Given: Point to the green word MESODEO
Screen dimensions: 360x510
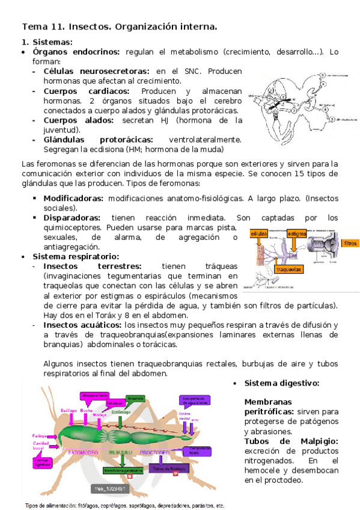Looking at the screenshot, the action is tap(121, 452).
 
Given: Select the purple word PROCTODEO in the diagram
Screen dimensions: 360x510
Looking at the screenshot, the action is tap(155, 452).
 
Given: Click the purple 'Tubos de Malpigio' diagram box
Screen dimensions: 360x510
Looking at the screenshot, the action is tap(166, 469).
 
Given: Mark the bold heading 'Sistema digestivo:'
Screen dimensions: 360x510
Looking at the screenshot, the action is tap(281, 383).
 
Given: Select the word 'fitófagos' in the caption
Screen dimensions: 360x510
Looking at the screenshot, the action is tap(92, 505).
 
